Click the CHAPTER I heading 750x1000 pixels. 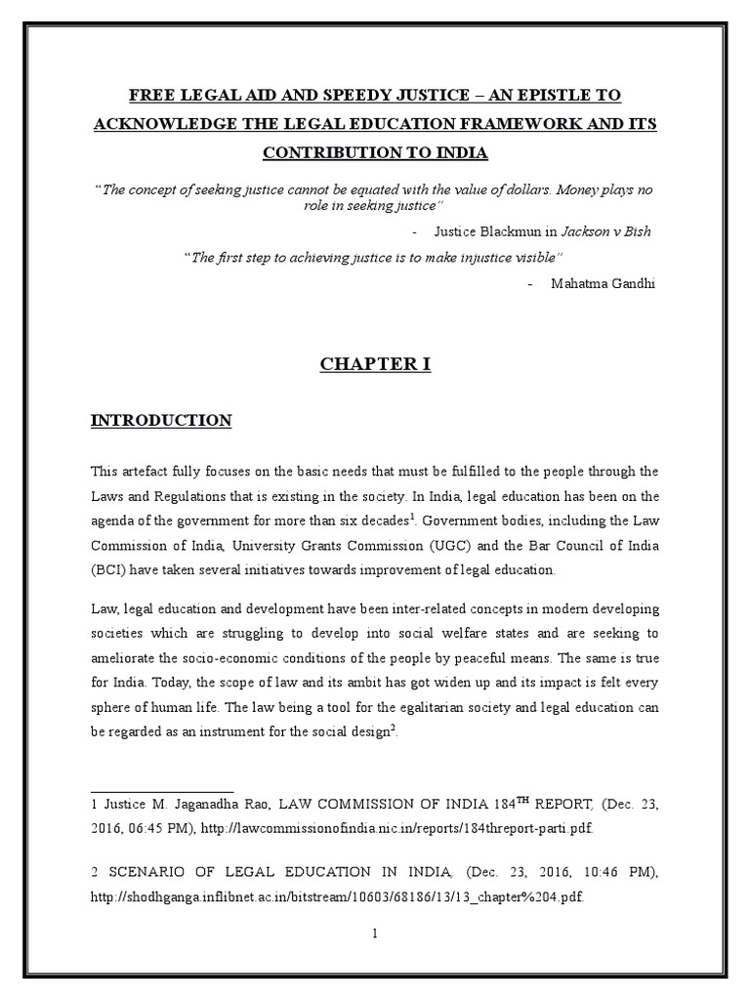[x=375, y=364]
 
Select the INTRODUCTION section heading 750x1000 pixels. [x=161, y=421]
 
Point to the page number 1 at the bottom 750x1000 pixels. [x=374, y=933]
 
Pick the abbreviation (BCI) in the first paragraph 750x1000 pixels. [x=108, y=568]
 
